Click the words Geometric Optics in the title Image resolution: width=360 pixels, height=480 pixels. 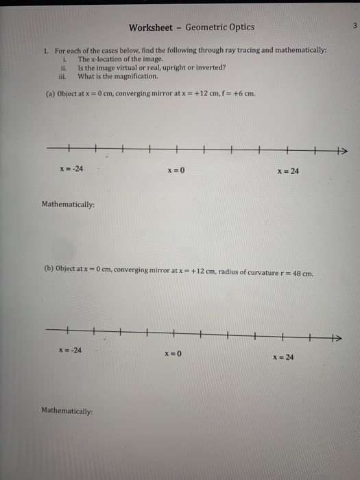click(x=219, y=27)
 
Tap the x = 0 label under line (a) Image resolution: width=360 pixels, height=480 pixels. click(x=175, y=170)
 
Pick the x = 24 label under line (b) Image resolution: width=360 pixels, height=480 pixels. click(x=283, y=357)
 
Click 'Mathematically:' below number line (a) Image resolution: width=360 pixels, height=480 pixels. click(x=68, y=204)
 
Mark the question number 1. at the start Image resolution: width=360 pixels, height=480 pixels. click(x=45, y=51)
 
